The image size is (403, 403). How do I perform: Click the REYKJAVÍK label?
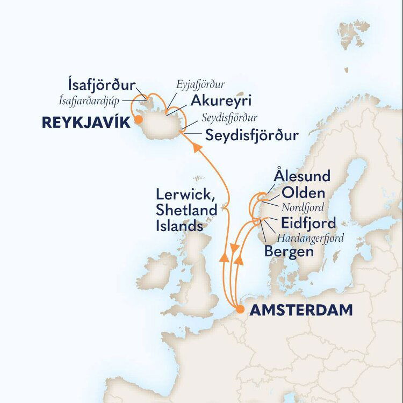[86, 123]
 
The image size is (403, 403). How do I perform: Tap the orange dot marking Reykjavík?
[138, 120]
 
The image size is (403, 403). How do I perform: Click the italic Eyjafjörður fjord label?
[201, 85]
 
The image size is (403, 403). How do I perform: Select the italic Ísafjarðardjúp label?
[90, 99]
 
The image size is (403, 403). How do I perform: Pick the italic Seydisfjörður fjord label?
[229, 118]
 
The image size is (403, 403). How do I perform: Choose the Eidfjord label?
[308, 222]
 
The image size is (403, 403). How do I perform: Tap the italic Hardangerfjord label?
[310, 237]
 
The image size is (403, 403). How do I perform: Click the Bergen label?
[289, 251]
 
